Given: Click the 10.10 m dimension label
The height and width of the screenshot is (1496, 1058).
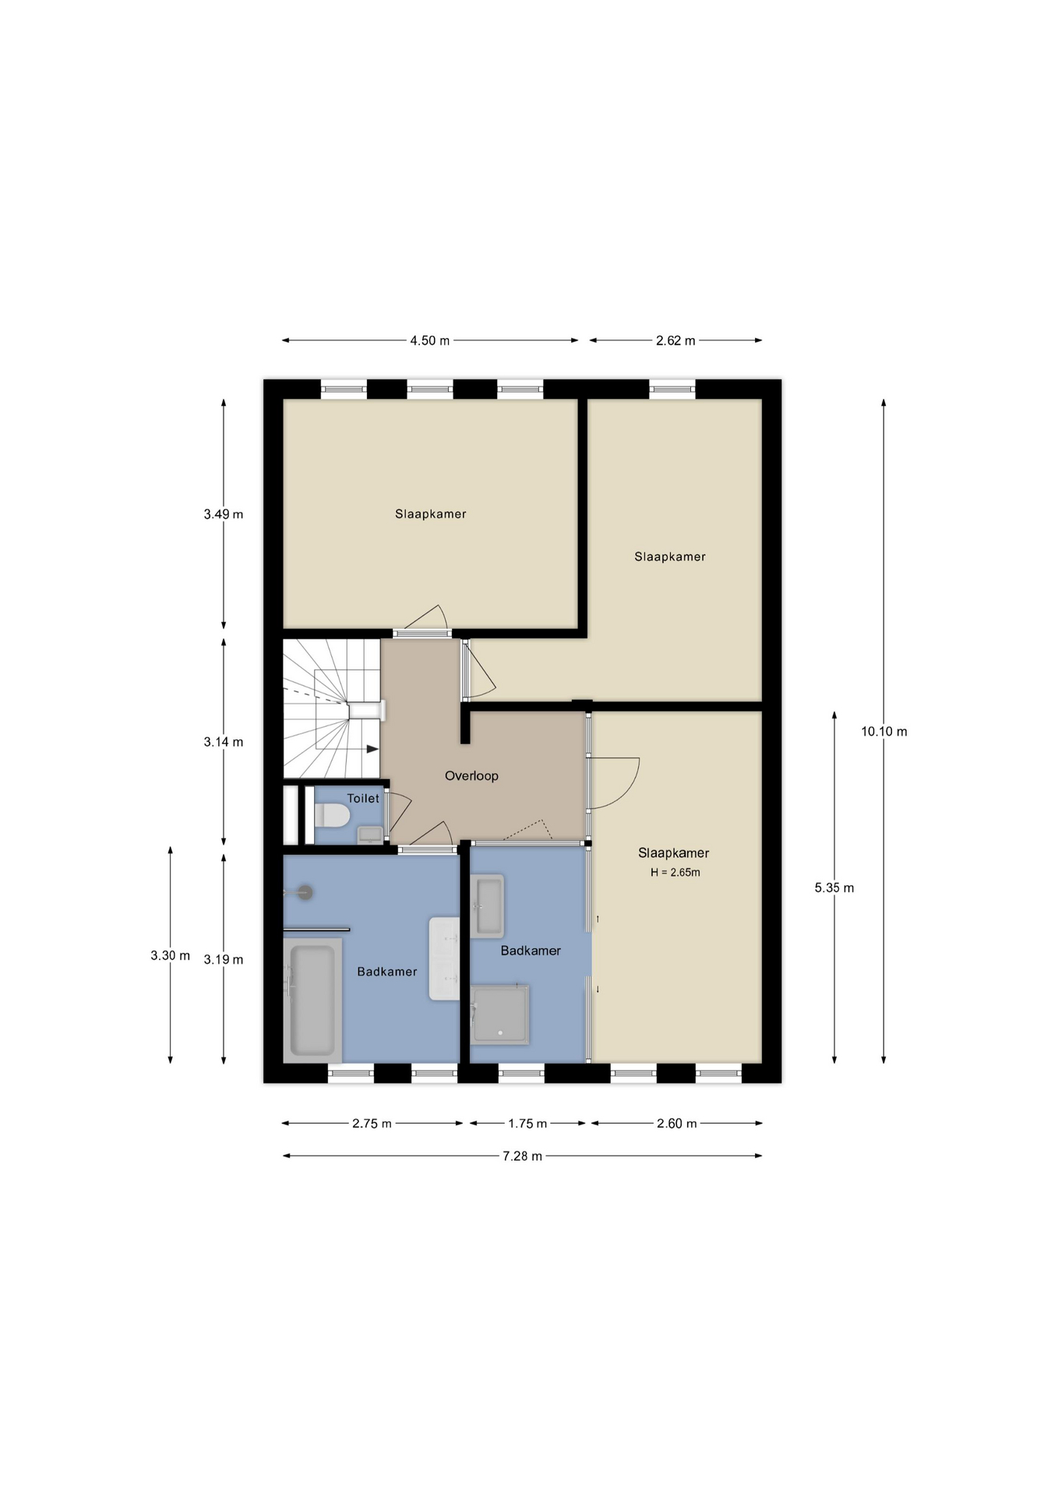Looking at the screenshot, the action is coord(883,732).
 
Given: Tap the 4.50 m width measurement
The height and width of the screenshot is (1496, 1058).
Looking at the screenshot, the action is coord(430,340).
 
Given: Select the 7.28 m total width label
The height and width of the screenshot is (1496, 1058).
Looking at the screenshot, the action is coord(522,1156).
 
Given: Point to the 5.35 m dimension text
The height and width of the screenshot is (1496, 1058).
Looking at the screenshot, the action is coord(834,887).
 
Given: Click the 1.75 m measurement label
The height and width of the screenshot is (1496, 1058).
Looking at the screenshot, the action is coord(527,1124).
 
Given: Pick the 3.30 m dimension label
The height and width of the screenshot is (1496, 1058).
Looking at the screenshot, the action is coord(171,955).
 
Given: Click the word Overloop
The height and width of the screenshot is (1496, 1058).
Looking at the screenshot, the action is coord(471,776).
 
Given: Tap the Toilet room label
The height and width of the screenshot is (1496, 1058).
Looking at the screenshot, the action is coord(363,799).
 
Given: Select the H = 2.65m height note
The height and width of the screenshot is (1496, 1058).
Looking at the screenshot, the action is coord(675,873).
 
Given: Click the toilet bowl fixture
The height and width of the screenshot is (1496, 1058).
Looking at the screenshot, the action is coord(332,816).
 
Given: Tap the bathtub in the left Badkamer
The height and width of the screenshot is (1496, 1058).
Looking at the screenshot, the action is coord(312,1000).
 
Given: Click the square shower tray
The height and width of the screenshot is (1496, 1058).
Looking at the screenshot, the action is coord(499,1014).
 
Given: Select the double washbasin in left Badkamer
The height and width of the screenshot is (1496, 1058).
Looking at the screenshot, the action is coord(444,958).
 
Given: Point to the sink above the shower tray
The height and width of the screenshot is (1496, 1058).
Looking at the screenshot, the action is coord(488,905).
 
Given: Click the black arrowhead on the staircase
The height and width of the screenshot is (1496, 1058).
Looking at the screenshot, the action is coord(372,750).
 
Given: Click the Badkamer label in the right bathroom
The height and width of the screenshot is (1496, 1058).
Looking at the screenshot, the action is coord(531,951).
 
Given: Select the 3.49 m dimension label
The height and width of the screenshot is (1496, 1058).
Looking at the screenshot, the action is coord(224,514).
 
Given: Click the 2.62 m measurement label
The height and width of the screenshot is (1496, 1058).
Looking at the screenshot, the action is coord(675,340).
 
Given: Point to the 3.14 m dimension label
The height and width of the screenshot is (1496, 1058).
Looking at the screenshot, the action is coord(224,743).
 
